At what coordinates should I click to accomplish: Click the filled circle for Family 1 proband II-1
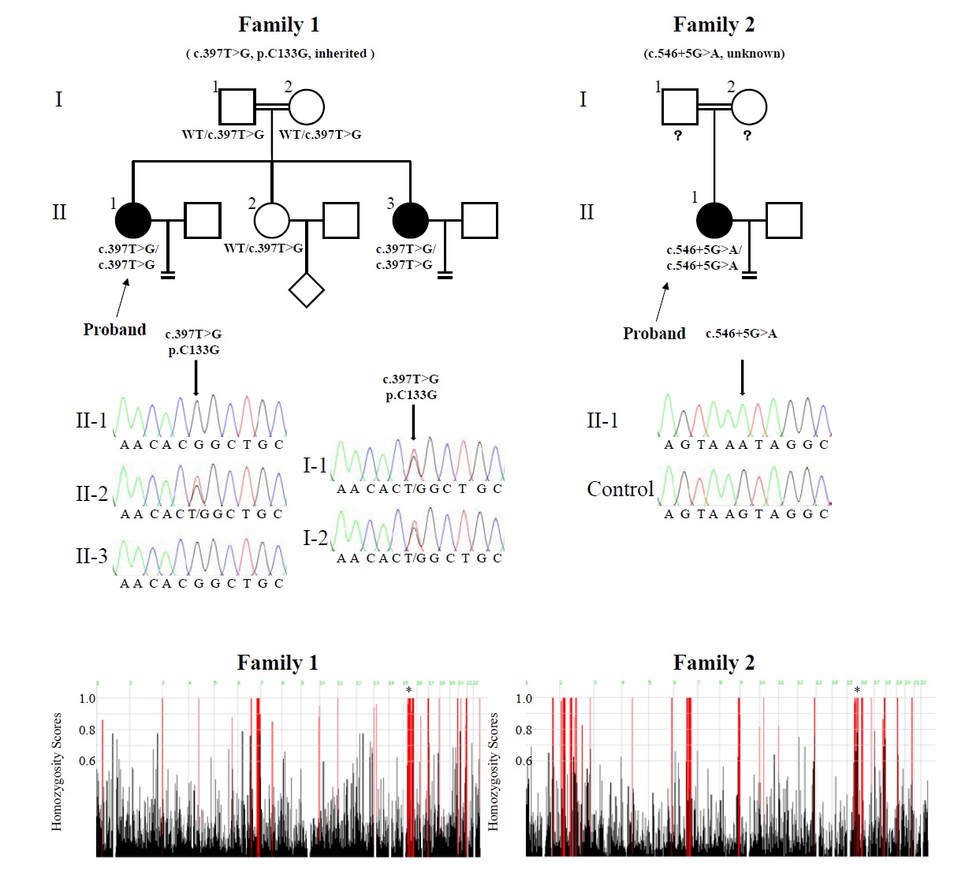coord(133,221)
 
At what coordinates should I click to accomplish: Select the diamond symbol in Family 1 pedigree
coord(307,289)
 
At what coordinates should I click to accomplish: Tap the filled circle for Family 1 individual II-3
coord(410,221)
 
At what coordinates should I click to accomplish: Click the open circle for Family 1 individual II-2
coord(272,221)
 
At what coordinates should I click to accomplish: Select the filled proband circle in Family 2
coord(714,221)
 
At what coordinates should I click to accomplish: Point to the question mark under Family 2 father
coord(677,136)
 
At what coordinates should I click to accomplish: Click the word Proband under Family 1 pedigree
coord(114,330)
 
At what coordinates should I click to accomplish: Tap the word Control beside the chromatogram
coord(620,490)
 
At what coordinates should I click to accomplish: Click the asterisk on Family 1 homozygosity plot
coord(408,691)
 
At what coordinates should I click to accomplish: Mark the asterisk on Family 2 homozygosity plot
coord(857,691)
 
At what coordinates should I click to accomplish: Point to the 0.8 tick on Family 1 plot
coord(87,730)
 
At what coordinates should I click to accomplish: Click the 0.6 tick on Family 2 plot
coord(524,761)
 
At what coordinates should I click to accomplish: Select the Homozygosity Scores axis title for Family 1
coord(57,771)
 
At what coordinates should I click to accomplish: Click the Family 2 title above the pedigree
coord(714,25)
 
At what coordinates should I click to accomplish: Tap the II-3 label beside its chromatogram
coord(91,557)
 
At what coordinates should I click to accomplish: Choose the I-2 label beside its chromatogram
coord(315,539)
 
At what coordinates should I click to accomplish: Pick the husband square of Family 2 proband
coord(784,221)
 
